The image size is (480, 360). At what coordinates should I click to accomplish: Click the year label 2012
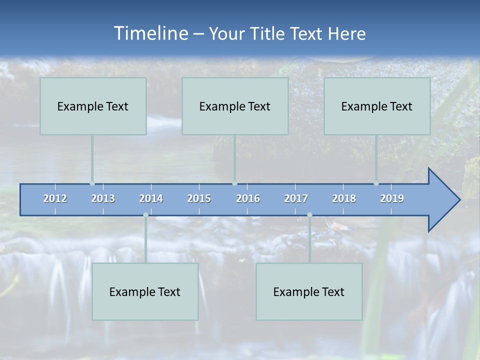pyautogui.click(x=55, y=198)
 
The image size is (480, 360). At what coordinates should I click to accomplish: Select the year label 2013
pyautogui.click(x=103, y=198)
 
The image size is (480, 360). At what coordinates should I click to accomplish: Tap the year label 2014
pyautogui.click(x=151, y=198)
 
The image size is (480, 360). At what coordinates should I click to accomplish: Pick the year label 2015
pyautogui.click(x=199, y=198)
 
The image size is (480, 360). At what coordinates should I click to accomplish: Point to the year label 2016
pyautogui.click(x=248, y=198)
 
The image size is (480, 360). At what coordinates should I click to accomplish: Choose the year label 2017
pyautogui.click(x=296, y=198)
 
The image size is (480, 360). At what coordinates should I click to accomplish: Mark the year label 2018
pyautogui.click(x=344, y=198)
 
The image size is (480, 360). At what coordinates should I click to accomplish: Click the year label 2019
pyautogui.click(x=392, y=198)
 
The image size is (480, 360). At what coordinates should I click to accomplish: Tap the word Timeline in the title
pyautogui.click(x=150, y=33)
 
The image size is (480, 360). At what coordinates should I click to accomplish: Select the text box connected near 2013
pyautogui.click(x=93, y=106)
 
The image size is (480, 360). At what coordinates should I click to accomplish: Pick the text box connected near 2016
pyautogui.click(x=235, y=106)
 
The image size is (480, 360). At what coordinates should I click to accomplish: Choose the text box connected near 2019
pyautogui.click(x=377, y=106)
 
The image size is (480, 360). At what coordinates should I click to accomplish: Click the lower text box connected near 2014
pyautogui.click(x=145, y=291)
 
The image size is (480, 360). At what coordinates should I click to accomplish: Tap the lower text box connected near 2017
pyautogui.click(x=309, y=291)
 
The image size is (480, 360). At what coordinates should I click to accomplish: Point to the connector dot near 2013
pyautogui.click(x=92, y=183)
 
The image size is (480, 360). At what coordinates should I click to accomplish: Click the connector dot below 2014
pyautogui.click(x=145, y=215)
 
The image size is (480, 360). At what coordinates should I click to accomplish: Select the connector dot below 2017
pyautogui.click(x=309, y=215)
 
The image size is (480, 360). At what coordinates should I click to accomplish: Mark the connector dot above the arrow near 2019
pyautogui.click(x=376, y=183)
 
